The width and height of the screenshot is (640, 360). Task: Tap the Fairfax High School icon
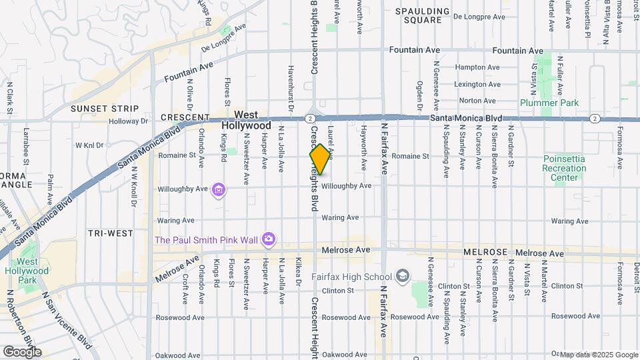[x=402, y=276]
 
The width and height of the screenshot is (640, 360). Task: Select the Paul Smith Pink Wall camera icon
[x=268, y=239]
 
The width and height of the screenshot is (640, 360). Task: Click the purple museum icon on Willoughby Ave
[x=218, y=191]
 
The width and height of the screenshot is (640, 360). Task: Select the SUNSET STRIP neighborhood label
[x=105, y=109]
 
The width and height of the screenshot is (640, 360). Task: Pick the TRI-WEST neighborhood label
[x=110, y=233]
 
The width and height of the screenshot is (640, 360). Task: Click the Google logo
[x=22, y=351]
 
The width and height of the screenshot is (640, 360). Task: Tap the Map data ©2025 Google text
[x=599, y=354]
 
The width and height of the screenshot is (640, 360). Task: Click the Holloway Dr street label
[x=129, y=121]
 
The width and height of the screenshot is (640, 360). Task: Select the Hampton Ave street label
[x=477, y=67]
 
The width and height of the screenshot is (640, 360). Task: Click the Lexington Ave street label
[x=477, y=85]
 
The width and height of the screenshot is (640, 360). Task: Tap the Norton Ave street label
[x=477, y=101]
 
